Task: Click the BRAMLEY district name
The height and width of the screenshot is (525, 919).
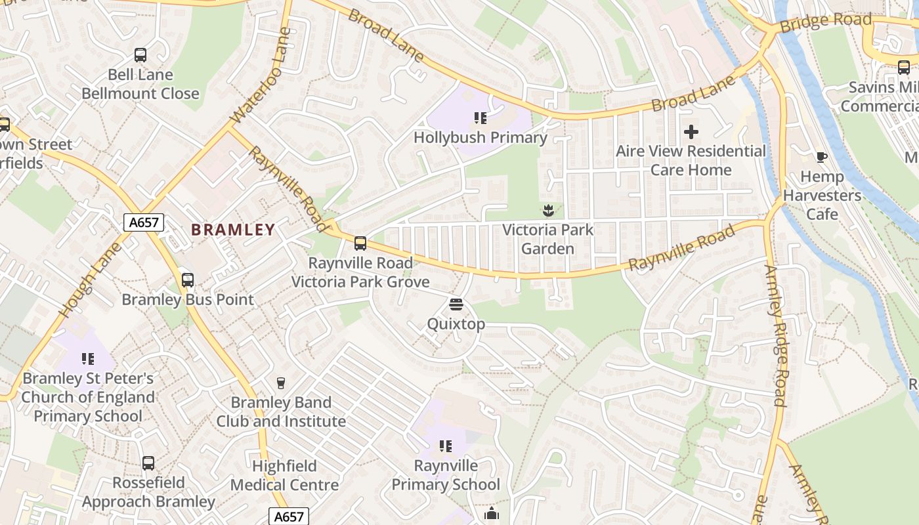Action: tap(233, 230)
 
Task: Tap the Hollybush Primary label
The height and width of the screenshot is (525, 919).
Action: tap(480, 138)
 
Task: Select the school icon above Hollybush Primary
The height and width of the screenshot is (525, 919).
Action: tap(480, 118)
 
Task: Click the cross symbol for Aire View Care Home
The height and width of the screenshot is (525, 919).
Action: tap(691, 132)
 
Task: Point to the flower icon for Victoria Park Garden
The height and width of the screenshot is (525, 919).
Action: tap(547, 211)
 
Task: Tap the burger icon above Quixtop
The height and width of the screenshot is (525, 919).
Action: tap(456, 304)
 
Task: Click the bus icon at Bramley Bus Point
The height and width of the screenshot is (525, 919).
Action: tap(188, 280)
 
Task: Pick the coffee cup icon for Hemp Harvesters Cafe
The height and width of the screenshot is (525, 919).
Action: tap(821, 157)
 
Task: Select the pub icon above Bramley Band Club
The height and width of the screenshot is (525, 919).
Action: tap(281, 383)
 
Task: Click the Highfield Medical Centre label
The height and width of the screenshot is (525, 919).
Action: tap(285, 476)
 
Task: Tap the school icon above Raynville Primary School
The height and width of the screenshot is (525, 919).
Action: tap(446, 447)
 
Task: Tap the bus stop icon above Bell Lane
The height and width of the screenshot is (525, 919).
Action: tap(140, 55)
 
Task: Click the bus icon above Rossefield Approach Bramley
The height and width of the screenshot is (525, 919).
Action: tap(148, 463)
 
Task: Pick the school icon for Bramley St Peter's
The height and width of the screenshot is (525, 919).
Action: tap(88, 359)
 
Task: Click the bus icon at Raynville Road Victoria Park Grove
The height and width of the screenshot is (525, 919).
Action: tap(360, 243)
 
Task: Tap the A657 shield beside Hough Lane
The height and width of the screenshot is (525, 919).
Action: tap(144, 222)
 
